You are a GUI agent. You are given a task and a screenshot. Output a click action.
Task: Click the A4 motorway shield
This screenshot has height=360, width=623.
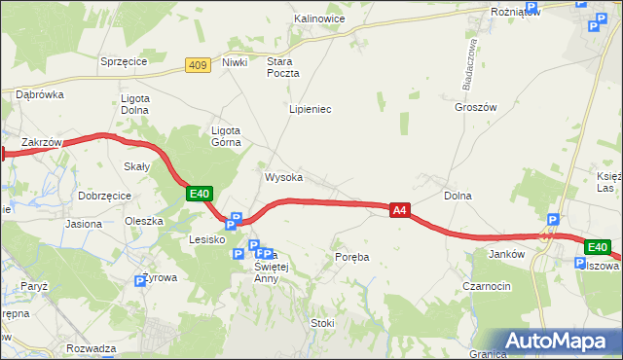coord(399,209)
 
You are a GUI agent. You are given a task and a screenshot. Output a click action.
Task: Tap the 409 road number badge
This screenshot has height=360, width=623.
coord(199,65)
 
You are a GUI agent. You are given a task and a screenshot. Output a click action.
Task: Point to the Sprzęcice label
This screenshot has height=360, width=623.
coord(124,60)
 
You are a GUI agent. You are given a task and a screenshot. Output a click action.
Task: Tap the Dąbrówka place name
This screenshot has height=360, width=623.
coord(39,94)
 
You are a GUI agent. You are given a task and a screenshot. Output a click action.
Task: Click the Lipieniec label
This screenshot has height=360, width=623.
coord(311,109)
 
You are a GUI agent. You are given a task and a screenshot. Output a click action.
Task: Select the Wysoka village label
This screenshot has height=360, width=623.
coord(283,178)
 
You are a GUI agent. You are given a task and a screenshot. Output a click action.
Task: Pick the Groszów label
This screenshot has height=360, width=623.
coord(475,108)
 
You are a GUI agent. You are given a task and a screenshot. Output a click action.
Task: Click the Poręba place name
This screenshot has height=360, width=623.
coord(351,257)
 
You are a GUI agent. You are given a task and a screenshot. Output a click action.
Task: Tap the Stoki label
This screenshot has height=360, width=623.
coord(322,323)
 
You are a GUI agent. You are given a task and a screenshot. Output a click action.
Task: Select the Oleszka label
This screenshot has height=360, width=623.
coord(144,221)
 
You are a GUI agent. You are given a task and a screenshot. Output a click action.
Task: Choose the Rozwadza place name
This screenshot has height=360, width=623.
coord(92,348)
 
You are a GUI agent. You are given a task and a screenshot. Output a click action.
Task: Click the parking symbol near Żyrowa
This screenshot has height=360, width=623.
coord(139,281)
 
